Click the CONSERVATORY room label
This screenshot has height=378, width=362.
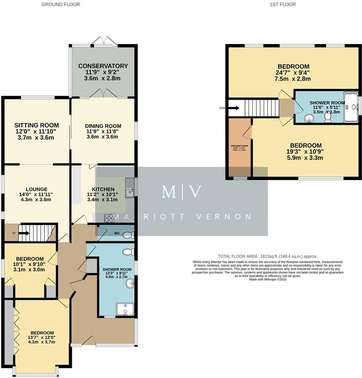point(103,66)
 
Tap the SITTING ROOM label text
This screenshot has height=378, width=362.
point(35,125)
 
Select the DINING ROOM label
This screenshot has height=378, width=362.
point(103,126)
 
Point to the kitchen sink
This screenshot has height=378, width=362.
point(129,187)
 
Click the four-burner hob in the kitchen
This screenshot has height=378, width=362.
point(109,218)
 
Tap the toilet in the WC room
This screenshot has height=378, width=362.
point(128,235)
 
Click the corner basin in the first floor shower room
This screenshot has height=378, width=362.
point(309,118)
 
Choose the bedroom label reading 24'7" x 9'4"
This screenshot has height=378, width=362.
point(293,67)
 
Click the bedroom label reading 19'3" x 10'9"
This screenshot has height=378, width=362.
point(306,146)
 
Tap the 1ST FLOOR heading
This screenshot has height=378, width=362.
point(282,5)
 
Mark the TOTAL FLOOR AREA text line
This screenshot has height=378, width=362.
point(268,256)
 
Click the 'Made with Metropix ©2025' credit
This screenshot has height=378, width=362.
point(268,279)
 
